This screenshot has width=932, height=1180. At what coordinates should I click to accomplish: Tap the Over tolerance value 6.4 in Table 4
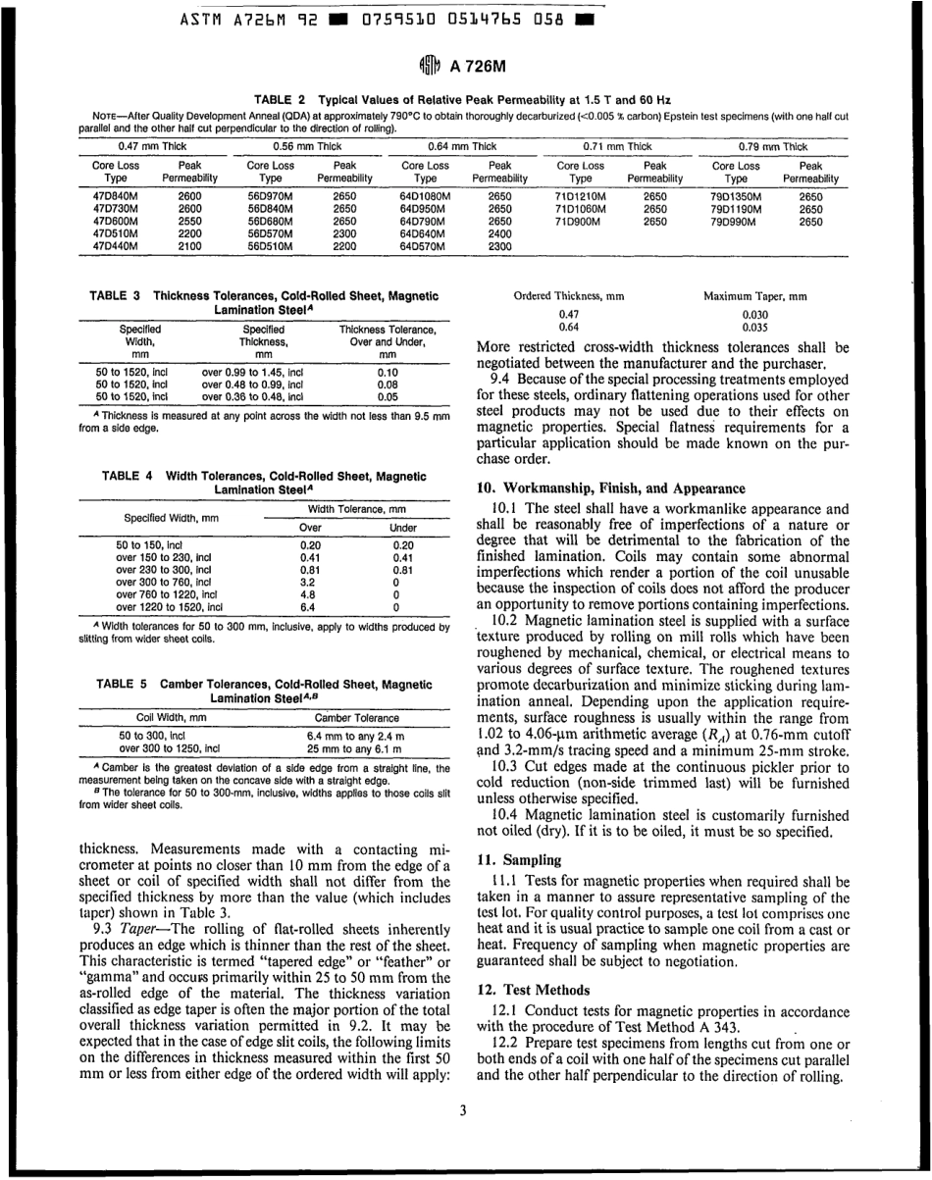tap(310, 606)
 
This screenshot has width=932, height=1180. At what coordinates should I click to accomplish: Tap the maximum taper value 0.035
tap(754, 328)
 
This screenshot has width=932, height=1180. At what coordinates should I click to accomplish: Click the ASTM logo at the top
tap(429, 68)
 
